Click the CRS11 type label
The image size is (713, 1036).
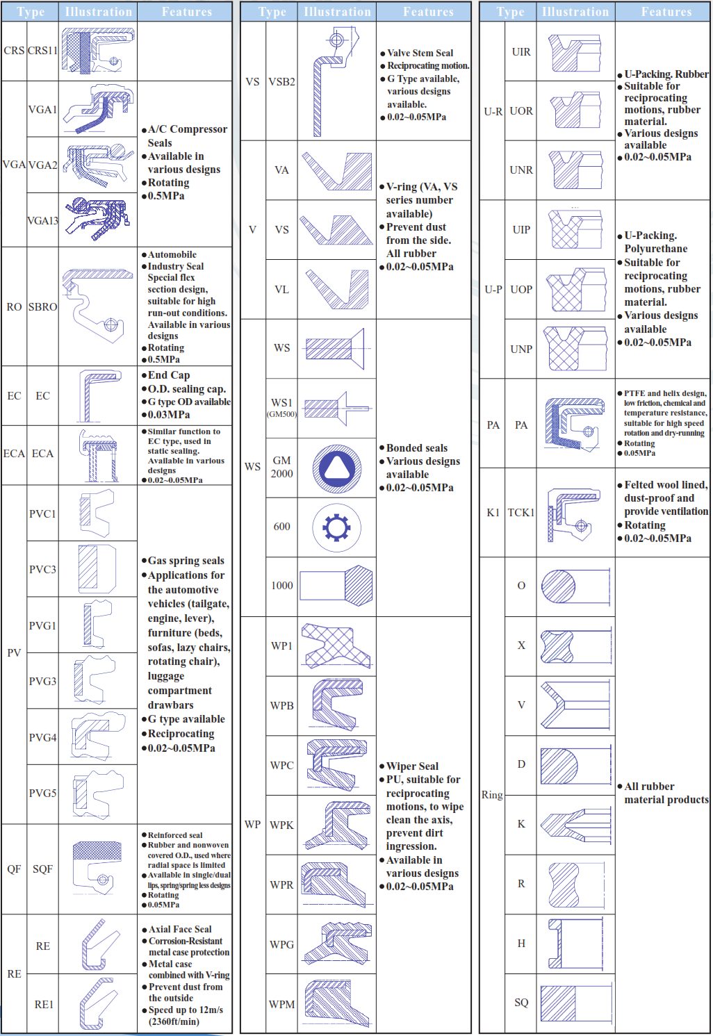tap(42, 51)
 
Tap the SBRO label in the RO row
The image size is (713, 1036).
tap(42, 306)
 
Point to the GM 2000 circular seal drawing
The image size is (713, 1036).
tap(336, 467)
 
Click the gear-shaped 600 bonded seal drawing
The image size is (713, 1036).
tap(336, 527)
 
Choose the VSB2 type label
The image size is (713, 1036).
tap(281, 81)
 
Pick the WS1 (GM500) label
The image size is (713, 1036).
tap(281, 407)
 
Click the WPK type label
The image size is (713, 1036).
tap(281, 825)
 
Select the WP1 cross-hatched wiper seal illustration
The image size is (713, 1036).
tap(336, 646)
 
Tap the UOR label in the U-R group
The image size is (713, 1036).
tap(521, 111)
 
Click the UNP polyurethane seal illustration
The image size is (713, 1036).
tap(575, 349)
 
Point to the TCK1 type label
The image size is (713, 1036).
tap(521, 513)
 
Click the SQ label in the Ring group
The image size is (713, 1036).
tap(521, 1002)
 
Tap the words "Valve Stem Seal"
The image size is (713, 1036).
tap(420, 53)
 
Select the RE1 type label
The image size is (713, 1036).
tap(44, 1004)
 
